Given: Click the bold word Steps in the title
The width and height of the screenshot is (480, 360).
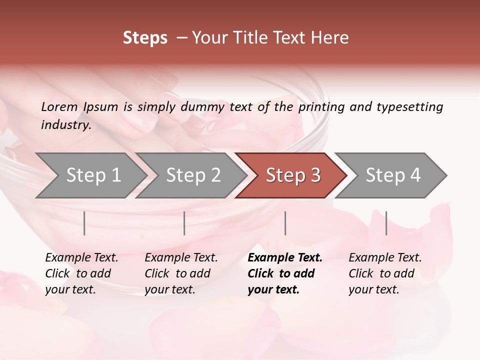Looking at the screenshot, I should (145, 38).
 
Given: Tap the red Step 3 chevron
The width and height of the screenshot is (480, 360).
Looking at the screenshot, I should (293, 175).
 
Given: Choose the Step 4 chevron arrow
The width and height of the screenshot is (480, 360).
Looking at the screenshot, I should (393, 175).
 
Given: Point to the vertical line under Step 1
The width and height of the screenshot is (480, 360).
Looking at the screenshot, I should (84, 223).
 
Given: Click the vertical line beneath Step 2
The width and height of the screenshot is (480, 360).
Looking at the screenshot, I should (184, 223).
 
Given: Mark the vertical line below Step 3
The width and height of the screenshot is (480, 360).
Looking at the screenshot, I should (285, 223).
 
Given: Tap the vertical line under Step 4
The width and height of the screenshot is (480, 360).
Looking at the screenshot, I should (386, 223).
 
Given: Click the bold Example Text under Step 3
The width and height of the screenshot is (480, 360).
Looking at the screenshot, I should (285, 258).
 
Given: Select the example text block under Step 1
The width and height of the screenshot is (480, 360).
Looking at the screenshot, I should (81, 273).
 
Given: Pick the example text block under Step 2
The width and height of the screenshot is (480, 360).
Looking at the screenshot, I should (181, 273).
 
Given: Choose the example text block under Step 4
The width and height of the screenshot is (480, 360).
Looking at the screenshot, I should (385, 273).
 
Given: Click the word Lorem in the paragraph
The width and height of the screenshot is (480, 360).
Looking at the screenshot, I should (59, 106).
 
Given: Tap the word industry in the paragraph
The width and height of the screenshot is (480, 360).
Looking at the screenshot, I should (66, 124).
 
